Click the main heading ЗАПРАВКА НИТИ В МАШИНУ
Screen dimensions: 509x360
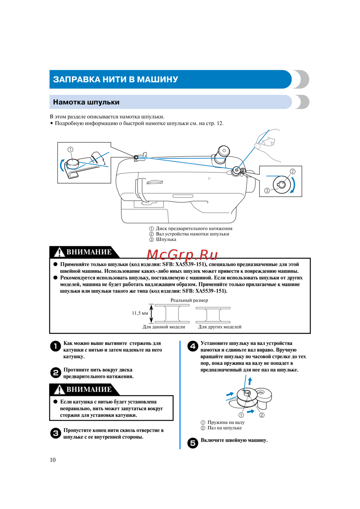115,79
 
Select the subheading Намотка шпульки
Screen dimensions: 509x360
86,102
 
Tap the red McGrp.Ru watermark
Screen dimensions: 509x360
182,255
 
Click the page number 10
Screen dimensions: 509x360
53,460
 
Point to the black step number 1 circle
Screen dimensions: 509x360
55,346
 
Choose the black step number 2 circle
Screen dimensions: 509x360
55,373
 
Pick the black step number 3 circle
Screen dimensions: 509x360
55,433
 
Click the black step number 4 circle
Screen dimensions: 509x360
193,346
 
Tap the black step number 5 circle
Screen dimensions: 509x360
193,443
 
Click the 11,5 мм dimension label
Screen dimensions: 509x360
140,313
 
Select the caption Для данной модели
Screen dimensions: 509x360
164,327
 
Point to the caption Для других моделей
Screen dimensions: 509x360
220,327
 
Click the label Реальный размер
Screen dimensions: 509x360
189,300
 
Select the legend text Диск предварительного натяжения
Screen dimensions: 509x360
194,228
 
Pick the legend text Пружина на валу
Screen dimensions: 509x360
226,422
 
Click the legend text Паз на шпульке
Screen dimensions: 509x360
224,428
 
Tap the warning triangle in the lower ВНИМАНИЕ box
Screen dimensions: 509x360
59,390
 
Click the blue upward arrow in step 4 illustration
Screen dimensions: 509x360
250,381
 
